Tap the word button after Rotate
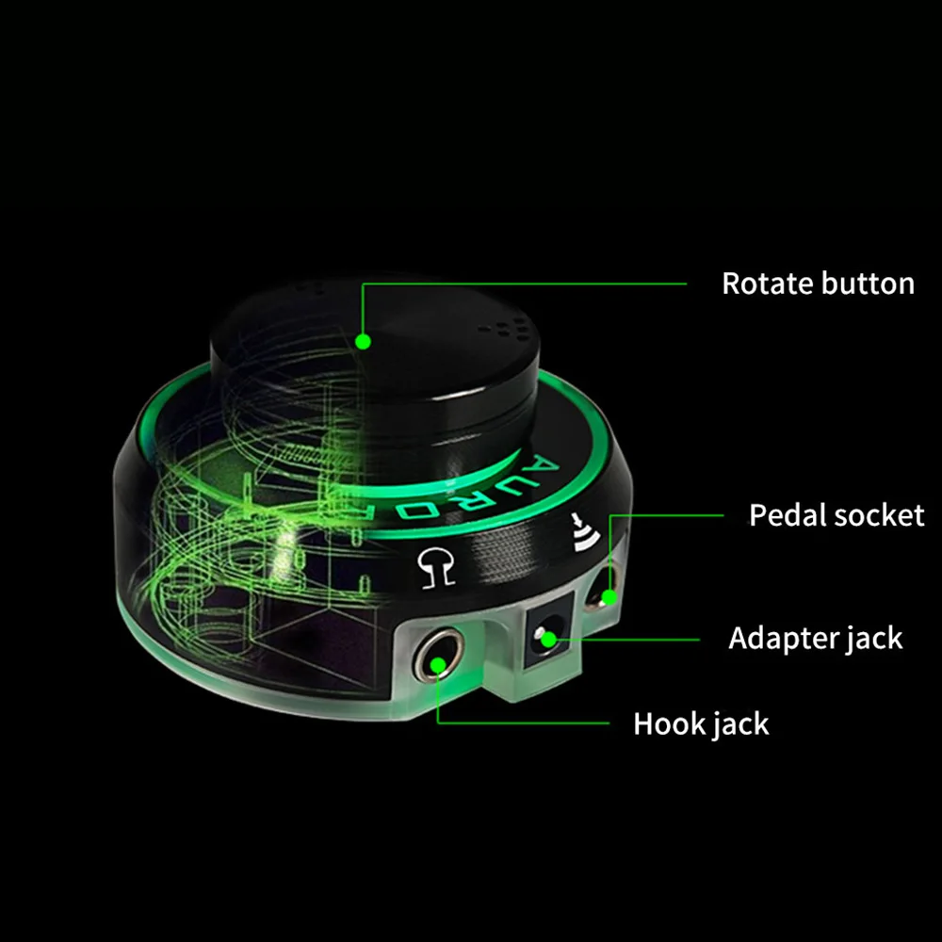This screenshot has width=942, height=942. click(x=868, y=284)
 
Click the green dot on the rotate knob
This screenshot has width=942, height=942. click(x=362, y=340)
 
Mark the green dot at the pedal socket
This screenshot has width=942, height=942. click(x=609, y=595)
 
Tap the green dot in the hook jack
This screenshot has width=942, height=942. click(x=437, y=665)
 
